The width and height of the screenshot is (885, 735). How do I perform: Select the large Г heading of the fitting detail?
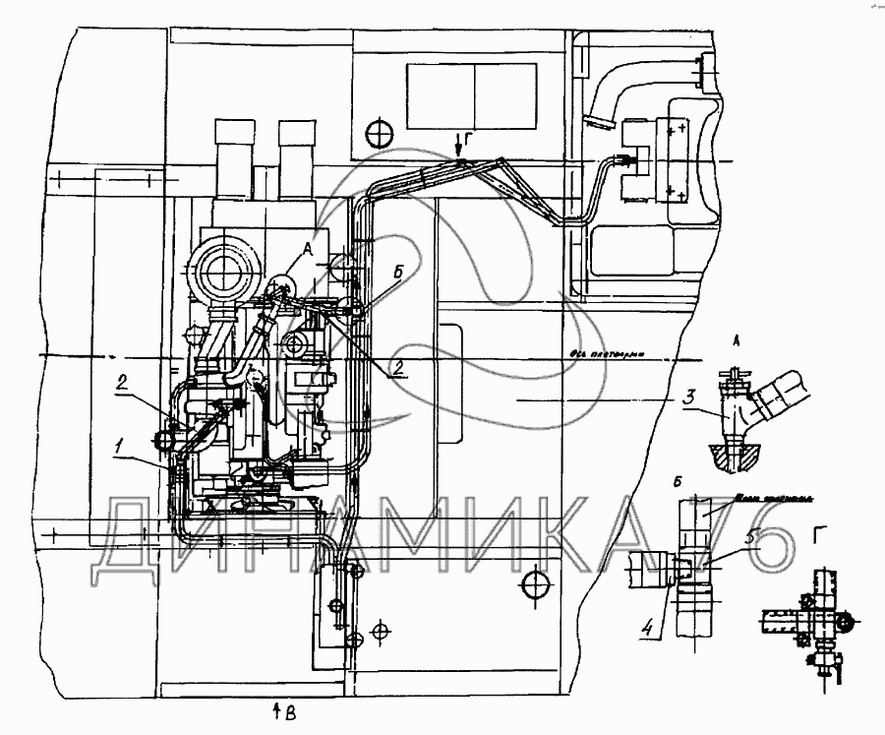819,534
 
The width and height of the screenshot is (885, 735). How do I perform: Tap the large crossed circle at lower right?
536,585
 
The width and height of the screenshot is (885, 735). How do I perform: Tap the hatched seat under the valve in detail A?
732,453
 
